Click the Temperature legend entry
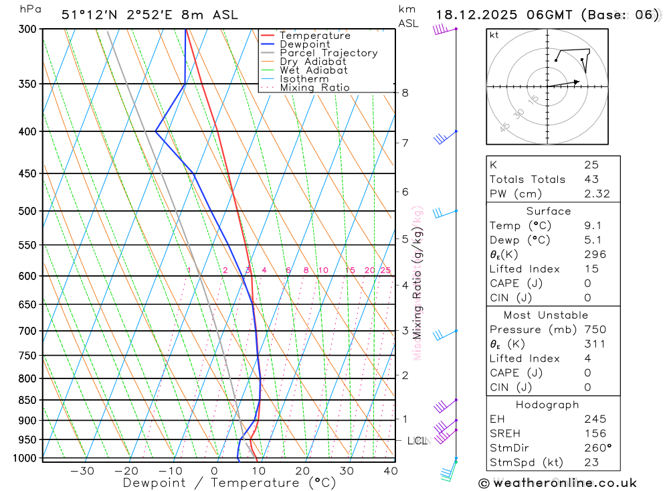pos(314,36)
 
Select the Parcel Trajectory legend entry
pos(328,53)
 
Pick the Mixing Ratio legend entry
pos(314,88)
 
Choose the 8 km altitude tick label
pos(405,92)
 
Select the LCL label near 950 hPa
pos(417,441)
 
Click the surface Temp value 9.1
pos(592,226)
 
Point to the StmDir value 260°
pos(596,448)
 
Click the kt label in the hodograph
pos(494,35)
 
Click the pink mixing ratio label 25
pos(385,271)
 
